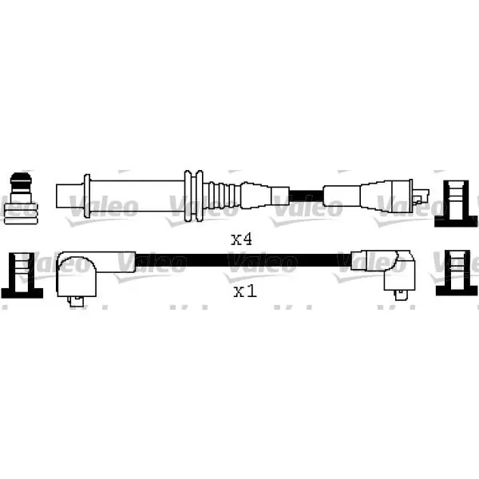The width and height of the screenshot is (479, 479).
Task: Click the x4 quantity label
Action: coord(242,239)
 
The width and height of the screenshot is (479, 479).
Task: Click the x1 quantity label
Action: coord(245,291)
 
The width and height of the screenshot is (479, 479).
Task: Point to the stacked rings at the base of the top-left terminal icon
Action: coord(21,214)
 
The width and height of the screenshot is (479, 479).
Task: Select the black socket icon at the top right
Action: coord(456,204)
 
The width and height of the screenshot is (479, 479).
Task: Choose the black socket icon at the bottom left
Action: coord(22,275)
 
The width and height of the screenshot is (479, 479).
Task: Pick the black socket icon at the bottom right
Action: coord(457,273)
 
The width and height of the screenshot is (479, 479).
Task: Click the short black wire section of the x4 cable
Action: coord(306,196)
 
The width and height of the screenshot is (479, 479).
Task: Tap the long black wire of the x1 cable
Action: coord(243,260)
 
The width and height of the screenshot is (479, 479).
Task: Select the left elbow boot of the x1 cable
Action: coord(77,275)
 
